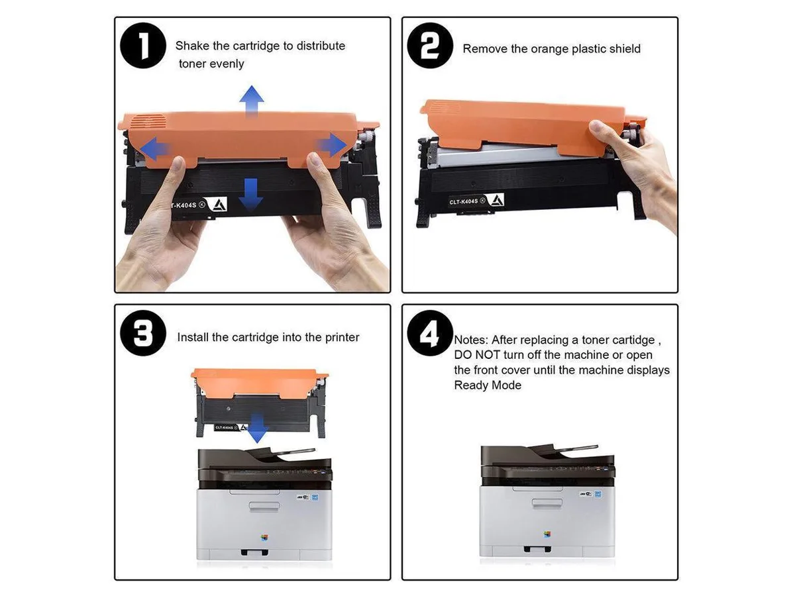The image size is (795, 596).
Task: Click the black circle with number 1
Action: click(x=142, y=46)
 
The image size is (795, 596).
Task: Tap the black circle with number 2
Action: click(x=430, y=46)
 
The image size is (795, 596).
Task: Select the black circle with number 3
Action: click(x=142, y=333)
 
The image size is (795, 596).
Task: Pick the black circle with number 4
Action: click(x=430, y=333)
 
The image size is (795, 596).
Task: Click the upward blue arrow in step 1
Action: click(x=251, y=101)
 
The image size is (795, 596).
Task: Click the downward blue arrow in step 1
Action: click(x=250, y=194)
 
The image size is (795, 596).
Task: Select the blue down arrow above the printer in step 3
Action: click(x=258, y=428)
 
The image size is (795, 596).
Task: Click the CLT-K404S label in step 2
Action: click(x=463, y=201)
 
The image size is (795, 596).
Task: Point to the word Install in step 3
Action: click(x=193, y=337)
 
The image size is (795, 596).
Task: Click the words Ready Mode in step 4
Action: click(x=488, y=385)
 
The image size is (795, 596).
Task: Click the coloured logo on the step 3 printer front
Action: click(x=264, y=538)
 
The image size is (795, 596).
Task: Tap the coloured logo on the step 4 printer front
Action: click(x=547, y=534)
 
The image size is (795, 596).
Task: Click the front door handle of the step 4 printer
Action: click(x=547, y=503)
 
